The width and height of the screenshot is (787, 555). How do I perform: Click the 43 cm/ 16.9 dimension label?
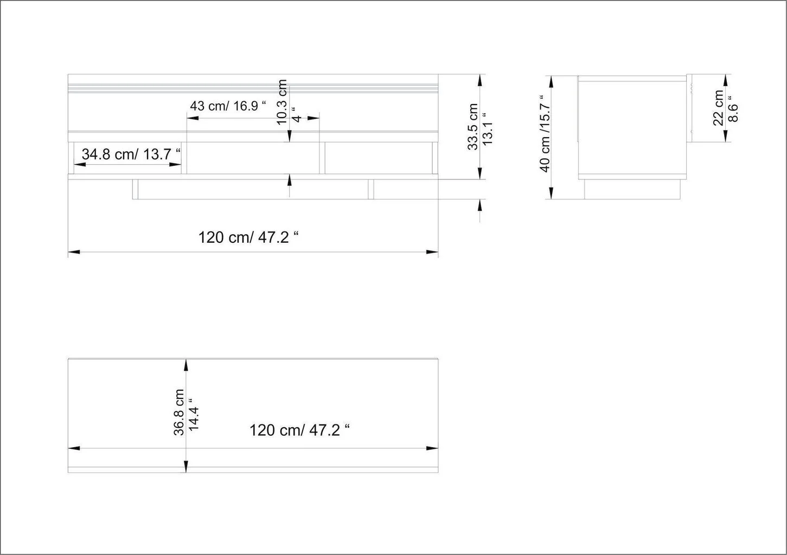pos(228,106)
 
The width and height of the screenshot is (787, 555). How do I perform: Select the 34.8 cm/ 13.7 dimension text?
pos(131,154)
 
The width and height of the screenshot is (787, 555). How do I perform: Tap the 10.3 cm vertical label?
pos(282,102)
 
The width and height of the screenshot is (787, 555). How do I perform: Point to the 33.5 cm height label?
pos(473,127)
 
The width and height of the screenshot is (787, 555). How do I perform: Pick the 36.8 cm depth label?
pos(179,412)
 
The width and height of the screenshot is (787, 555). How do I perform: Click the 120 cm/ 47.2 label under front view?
pos(249,237)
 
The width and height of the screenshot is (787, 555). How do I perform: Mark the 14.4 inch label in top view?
pos(194,415)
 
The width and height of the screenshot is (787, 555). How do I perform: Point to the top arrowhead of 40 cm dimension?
pos(551,81)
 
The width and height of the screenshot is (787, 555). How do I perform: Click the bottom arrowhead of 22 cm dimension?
pos(725,137)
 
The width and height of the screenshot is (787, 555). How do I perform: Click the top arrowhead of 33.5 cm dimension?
pos(479,80)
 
